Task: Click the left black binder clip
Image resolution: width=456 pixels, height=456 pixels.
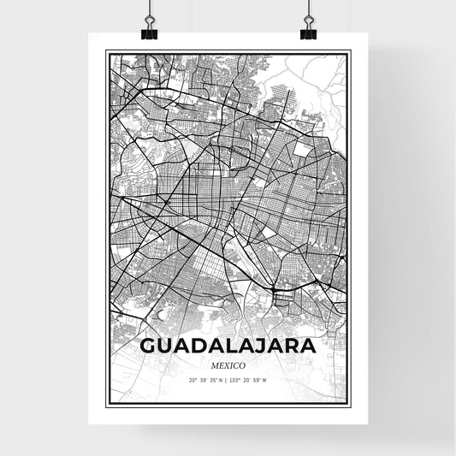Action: (x=149, y=31)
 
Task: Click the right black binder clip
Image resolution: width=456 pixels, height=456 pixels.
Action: (x=307, y=31)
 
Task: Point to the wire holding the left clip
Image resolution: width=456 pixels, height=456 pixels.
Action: (x=149, y=10)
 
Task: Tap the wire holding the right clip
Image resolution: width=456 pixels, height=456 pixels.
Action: (x=307, y=10)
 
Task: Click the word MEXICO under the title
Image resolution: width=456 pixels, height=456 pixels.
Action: (x=227, y=364)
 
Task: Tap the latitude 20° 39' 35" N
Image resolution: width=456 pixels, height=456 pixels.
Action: (x=205, y=380)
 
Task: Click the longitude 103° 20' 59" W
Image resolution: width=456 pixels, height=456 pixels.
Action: (x=250, y=380)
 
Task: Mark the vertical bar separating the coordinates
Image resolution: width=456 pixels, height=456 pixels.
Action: (x=227, y=380)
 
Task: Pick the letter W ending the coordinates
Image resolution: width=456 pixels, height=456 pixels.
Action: (x=264, y=380)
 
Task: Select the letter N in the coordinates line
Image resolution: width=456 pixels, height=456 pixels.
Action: (x=220, y=380)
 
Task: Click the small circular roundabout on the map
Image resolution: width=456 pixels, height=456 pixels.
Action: (x=231, y=150)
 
